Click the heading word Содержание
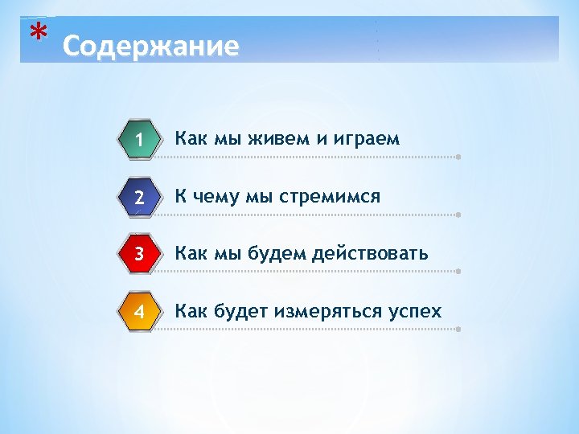150,46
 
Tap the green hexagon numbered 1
139,139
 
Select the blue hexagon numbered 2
139,197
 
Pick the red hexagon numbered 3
139,254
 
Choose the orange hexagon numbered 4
139,311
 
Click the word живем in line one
277,138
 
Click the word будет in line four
240,311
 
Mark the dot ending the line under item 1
458,157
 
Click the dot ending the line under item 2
458,215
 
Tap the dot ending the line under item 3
458,272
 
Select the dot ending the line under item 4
458,329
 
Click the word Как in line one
191,138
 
